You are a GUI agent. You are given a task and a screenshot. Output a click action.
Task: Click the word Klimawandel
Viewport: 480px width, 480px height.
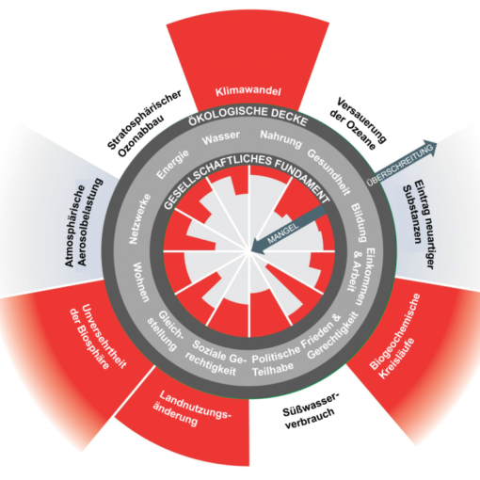(248, 91)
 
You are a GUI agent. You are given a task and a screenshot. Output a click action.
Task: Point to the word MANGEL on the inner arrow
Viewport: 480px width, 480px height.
(282, 232)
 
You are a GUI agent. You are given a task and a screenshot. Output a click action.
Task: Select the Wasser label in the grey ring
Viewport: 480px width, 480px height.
(221, 137)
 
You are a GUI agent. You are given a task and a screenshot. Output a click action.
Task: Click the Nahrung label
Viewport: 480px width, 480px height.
(281, 138)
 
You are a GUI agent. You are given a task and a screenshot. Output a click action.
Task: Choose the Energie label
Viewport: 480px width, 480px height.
(173, 164)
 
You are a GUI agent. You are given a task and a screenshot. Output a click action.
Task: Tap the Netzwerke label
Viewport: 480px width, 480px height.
(140, 218)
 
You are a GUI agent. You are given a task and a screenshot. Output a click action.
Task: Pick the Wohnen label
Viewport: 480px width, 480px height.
(141, 281)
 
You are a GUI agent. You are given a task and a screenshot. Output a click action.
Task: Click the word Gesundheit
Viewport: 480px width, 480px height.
(328, 172)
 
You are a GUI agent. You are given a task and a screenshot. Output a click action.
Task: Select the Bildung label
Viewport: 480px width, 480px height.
(359, 222)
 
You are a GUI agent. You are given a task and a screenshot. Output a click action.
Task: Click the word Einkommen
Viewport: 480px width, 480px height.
(367, 277)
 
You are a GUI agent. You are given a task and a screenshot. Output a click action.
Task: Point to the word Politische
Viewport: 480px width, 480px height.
(277, 355)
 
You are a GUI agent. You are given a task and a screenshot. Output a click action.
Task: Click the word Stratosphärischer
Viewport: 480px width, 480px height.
(145, 120)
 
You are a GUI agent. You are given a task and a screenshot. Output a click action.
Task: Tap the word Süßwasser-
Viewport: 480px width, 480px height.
(312, 405)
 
